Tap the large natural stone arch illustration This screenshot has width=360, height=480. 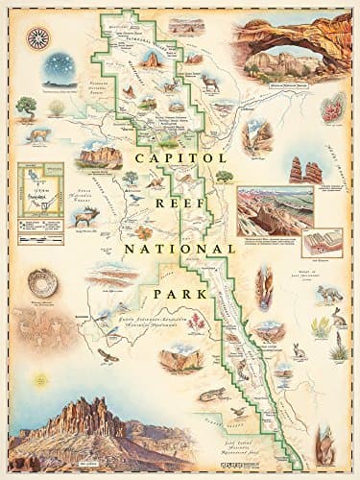coord(287,48)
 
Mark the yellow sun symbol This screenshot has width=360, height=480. coord(39,355)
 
